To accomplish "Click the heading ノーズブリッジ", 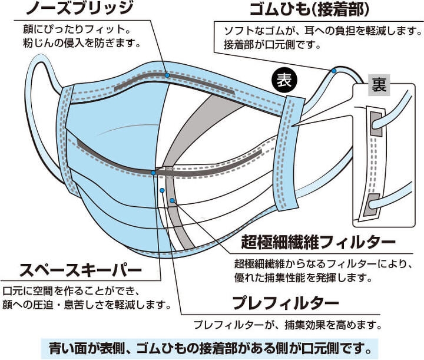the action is [x=79, y=8].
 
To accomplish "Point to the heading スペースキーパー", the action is [x=81, y=270].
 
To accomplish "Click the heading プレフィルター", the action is [x=286, y=303].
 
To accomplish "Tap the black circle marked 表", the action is [x=284, y=80].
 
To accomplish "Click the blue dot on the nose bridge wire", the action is [x=167, y=75].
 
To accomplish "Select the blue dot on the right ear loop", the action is [x=334, y=71].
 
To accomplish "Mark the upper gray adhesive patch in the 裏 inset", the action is [x=376, y=124].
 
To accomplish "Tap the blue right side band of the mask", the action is [x=287, y=153].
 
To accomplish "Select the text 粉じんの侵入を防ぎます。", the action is [x=82, y=43].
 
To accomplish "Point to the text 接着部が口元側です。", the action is [x=272, y=45].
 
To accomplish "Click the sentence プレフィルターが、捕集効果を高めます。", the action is [x=288, y=325].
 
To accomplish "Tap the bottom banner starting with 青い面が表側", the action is [x=210, y=349].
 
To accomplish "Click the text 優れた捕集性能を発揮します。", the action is [x=303, y=278].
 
